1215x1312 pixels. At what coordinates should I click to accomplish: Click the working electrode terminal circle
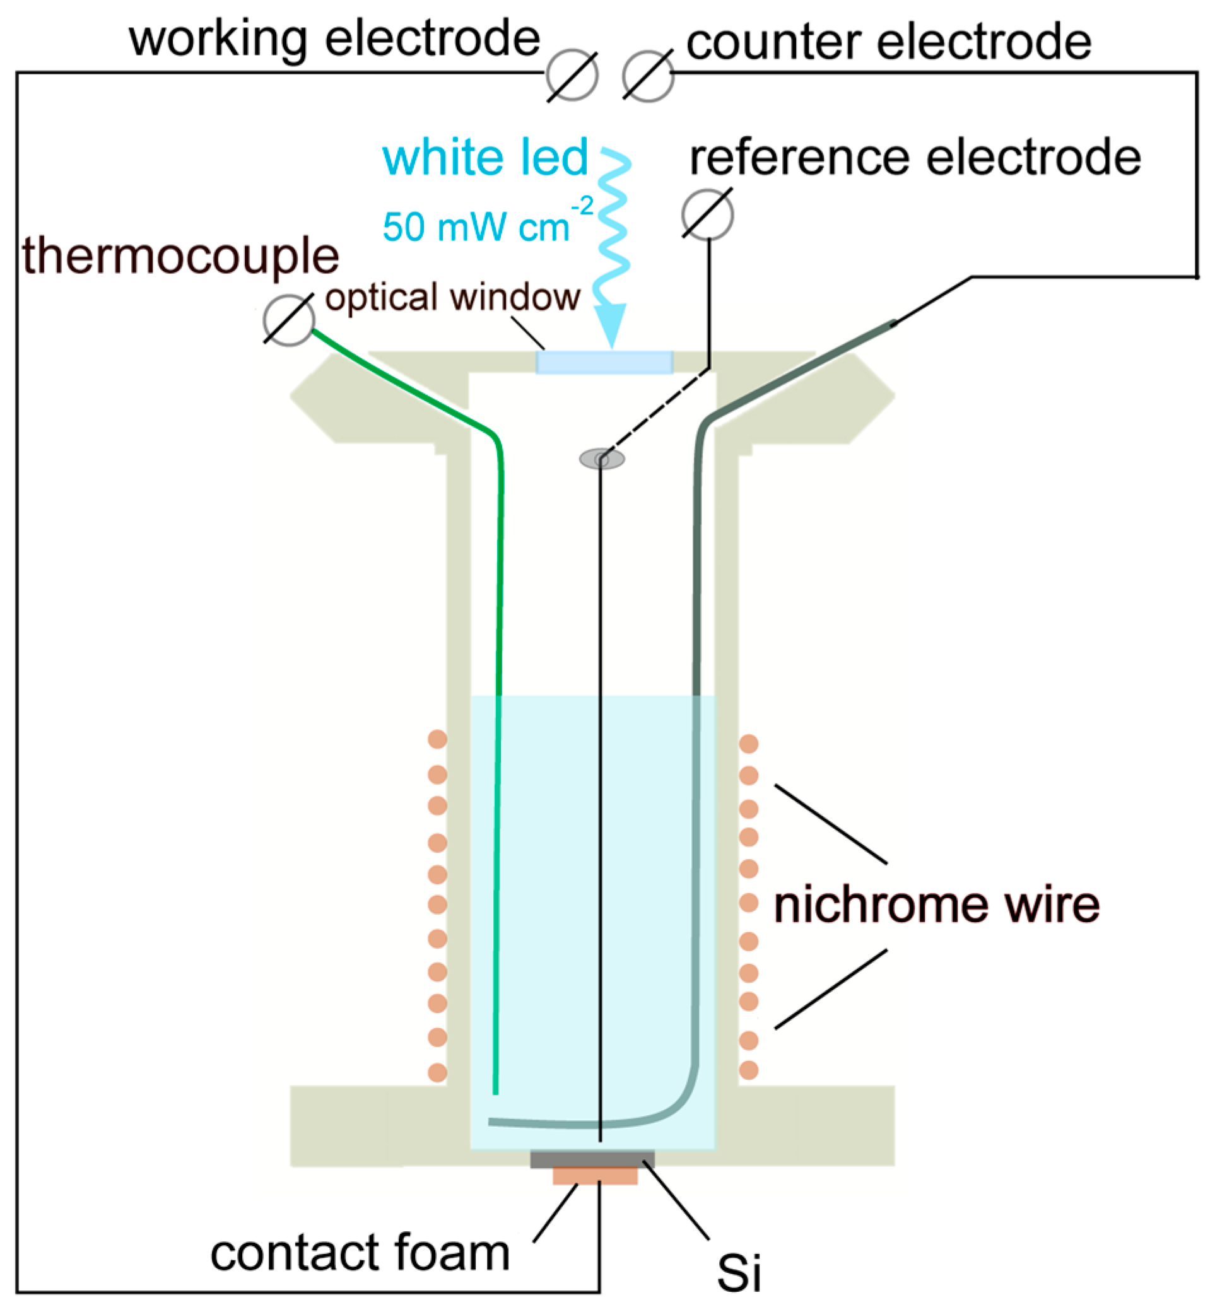(x=572, y=75)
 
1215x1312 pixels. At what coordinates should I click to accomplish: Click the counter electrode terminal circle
(x=648, y=76)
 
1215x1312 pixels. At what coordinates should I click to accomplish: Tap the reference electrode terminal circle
(x=707, y=214)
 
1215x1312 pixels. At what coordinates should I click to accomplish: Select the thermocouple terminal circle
(x=289, y=320)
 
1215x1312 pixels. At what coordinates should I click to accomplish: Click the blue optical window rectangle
(x=604, y=362)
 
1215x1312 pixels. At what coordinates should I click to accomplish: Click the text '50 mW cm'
(x=476, y=228)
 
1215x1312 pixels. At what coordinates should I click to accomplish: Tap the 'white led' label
(x=485, y=158)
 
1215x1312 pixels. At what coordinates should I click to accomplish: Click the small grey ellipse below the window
(x=602, y=458)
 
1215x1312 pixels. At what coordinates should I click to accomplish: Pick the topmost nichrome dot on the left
(x=437, y=739)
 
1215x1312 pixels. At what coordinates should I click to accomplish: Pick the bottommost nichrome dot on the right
(x=749, y=1070)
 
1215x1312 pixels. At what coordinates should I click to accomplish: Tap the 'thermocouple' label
(x=181, y=255)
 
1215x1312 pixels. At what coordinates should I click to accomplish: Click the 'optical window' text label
(x=452, y=297)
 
